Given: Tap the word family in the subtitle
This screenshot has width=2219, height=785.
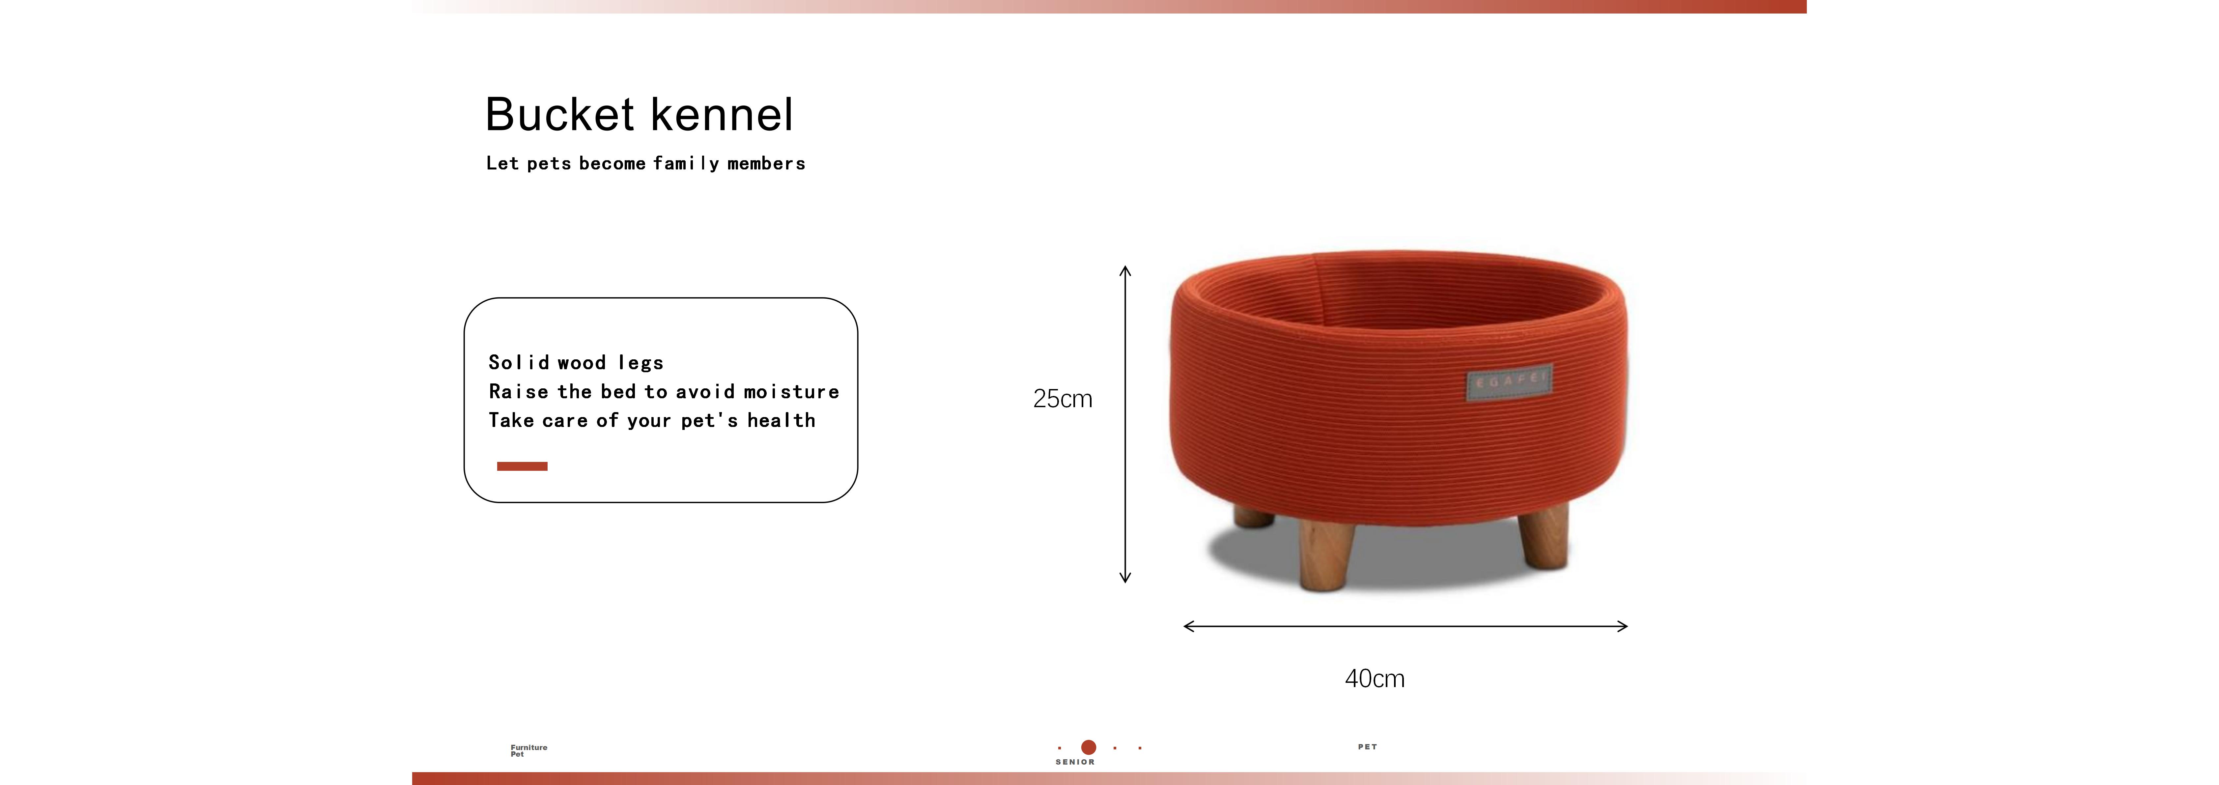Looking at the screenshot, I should tap(686, 164).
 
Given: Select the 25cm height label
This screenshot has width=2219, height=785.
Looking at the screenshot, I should tap(1062, 399).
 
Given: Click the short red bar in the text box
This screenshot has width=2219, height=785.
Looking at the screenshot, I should tap(522, 466).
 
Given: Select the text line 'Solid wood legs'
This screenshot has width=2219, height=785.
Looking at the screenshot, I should tap(575, 363).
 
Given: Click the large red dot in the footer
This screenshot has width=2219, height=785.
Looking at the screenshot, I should tap(1089, 747).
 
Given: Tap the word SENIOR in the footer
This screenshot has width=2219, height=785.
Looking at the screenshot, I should tap(1075, 762).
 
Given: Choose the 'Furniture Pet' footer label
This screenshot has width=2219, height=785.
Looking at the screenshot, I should tap(528, 750).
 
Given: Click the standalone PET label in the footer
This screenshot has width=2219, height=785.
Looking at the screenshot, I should tap(1367, 747).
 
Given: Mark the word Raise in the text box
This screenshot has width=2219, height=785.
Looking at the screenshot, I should tap(518, 392).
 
